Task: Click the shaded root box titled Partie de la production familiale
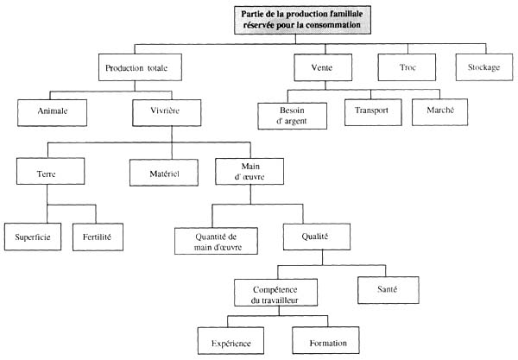click(297, 19)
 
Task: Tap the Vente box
click(319, 67)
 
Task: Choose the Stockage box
click(483, 67)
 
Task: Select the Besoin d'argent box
click(293, 116)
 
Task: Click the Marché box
click(439, 111)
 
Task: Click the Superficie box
click(32, 236)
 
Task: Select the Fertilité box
click(97, 236)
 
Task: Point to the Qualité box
click(317, 236)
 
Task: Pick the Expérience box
click(231, 343)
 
